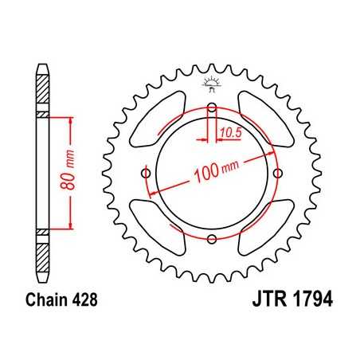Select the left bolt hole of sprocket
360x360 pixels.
click(147, 174)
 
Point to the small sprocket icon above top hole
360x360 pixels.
click(211, 84)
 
